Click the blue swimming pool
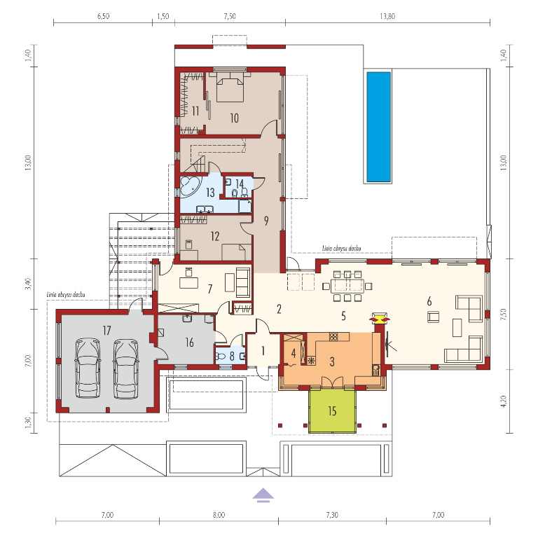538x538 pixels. pyautogui.click(x=379, y=127)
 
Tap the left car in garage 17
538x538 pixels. pyautogui.click(x=88, y=368)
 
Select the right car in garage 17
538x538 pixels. pyautogui.click(x=126, y=369)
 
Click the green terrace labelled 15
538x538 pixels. pyautogui.click(x=332, y=411)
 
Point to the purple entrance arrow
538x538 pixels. pyautogui.click(x=263, y=495)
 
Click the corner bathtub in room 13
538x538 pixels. pyautogui.click(x=190, y=187)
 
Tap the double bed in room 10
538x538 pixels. pyautogui.click(x=230, y=87)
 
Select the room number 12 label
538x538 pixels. pyautogui.click(x=215, y=236)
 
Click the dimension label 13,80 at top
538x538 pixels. pyautogui.click(x=387, y=16)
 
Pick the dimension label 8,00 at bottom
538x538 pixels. pyautogui.click(x=219, y=515)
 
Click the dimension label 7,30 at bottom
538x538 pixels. pyautogui.click(x=332, y=515)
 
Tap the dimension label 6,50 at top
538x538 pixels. pyautogui.click(x=103, y=16)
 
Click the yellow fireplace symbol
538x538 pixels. pyautogui.click(x=380, y=318)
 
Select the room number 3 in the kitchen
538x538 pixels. pyautogui.click(x=332, y=361)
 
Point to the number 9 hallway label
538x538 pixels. pyautogui.click(x=266, y=221)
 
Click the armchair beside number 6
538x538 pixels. pyautogui.click(x=434, y=317)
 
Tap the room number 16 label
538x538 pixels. pyautogui.click(x=189, y=342)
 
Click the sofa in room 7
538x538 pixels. pyautogui.click(x=243, y=282)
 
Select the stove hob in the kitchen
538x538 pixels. pyautogui.click(x=333, y=337)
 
